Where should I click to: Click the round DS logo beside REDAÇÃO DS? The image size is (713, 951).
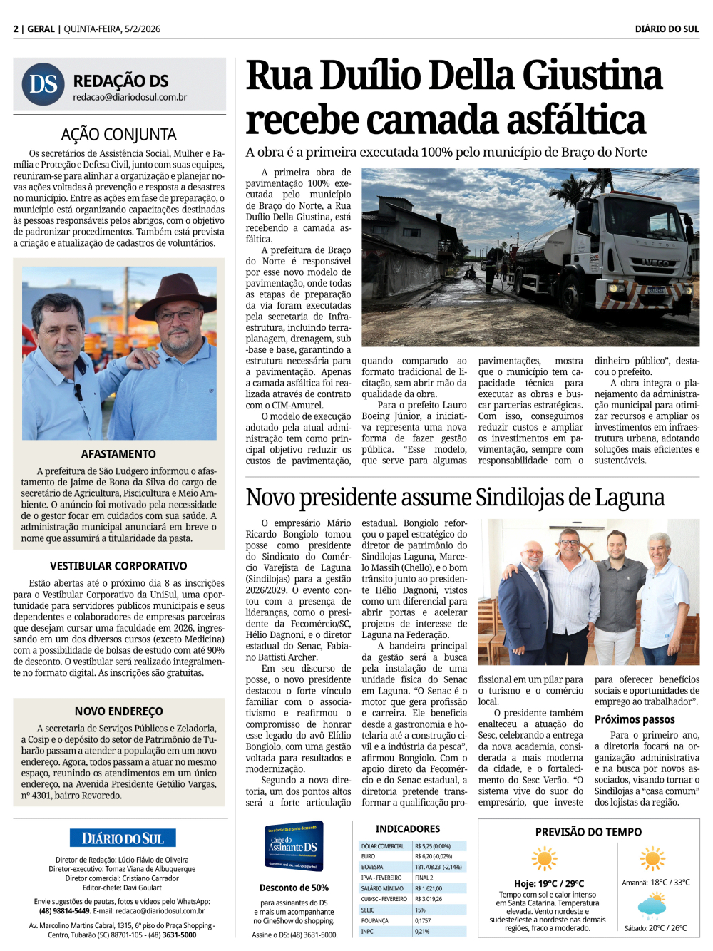[43, 84]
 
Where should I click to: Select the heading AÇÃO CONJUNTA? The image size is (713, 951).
[119, 134]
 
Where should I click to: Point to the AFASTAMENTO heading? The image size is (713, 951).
[118, 453]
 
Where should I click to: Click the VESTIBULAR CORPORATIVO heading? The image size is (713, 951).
[118, 565]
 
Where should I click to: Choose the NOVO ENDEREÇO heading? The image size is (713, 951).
[118, 711]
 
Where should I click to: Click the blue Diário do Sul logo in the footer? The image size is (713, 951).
[123, 838]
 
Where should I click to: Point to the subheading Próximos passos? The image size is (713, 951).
[635, 719]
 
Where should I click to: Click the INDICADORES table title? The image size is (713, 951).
[408, 828]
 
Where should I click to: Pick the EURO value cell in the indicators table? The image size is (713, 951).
[434, 856]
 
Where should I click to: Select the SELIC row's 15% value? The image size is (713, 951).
[421, 910]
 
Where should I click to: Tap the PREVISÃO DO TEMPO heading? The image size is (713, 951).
[588, 832]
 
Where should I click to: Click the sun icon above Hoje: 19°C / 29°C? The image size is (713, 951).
[544, 859]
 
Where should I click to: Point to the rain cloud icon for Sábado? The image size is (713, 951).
[652, 907]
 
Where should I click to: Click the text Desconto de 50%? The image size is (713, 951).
[294, 888]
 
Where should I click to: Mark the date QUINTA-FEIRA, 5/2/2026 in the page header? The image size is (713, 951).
[112, 29]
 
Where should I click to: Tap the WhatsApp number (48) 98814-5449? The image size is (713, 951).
[64, 910]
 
